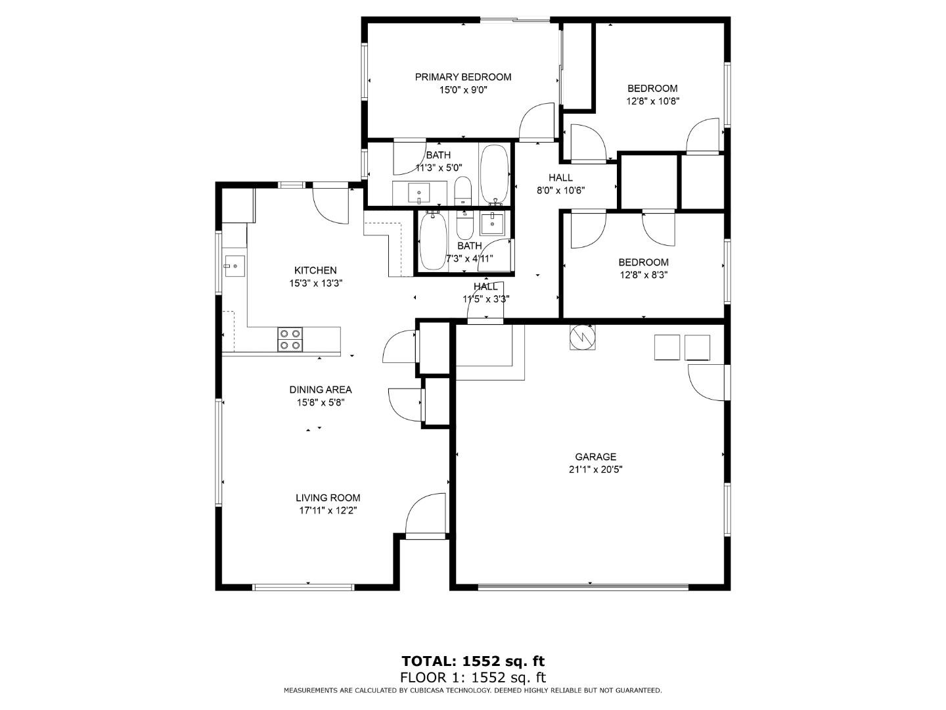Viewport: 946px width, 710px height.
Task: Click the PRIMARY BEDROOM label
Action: (x=462, y=77)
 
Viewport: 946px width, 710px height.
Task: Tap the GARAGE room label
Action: (x=595, y=457)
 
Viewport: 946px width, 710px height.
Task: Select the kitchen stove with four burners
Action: (x=290, y=339)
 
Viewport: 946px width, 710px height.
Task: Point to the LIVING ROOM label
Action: (x=327, y=498)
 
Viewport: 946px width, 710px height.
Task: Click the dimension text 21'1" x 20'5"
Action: (x=595, y=469)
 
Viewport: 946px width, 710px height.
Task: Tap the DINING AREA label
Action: (x=321, y=389)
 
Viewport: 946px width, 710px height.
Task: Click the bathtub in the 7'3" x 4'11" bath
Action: (x=432, y=241)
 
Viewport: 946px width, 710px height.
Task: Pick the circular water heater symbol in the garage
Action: (x=581, y=338)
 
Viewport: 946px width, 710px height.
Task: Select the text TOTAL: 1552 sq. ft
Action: (x=473, y=661)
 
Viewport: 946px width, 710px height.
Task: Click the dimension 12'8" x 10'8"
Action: (x=652, y=101)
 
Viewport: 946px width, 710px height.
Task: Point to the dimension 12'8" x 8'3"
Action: (x=643, y=275)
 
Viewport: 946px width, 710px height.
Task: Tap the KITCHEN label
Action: (x=315, y=270)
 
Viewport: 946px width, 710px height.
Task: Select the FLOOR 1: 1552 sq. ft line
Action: (x=473, y=677)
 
